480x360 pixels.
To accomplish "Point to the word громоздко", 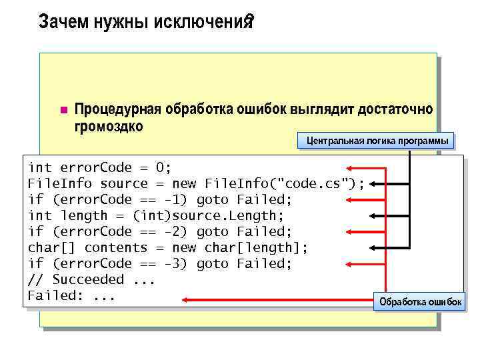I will pos(109,126).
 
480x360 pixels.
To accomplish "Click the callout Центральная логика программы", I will pos(377,141).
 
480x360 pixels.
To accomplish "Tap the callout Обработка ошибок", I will pos(420,302).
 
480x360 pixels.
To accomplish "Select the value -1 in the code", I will pos(177,199).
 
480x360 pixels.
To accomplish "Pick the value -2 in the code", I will pos(177,231).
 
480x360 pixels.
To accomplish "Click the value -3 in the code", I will pos(177,263).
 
